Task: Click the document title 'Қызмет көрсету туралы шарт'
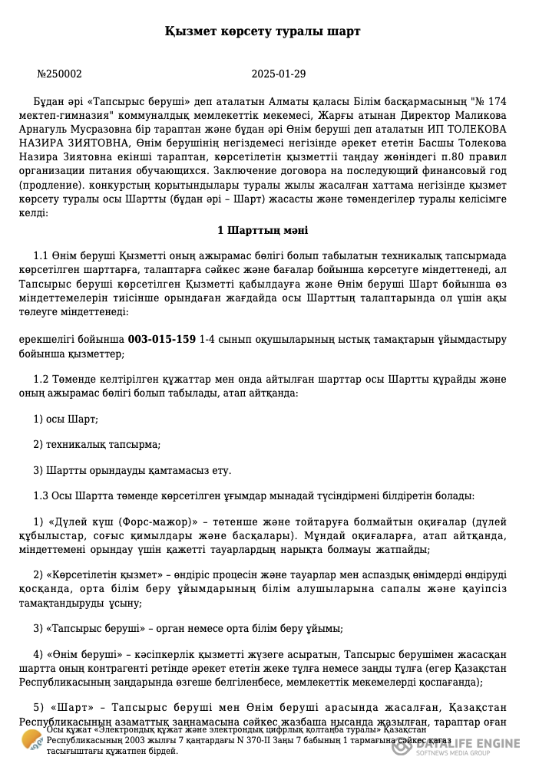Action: pos(263,31)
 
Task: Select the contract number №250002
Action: pos(59,74)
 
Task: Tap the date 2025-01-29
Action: pos(279,74)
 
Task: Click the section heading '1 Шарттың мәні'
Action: pos(263,230)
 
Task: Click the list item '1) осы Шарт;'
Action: pos(65,419)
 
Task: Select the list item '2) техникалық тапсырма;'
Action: pos(97,444)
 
